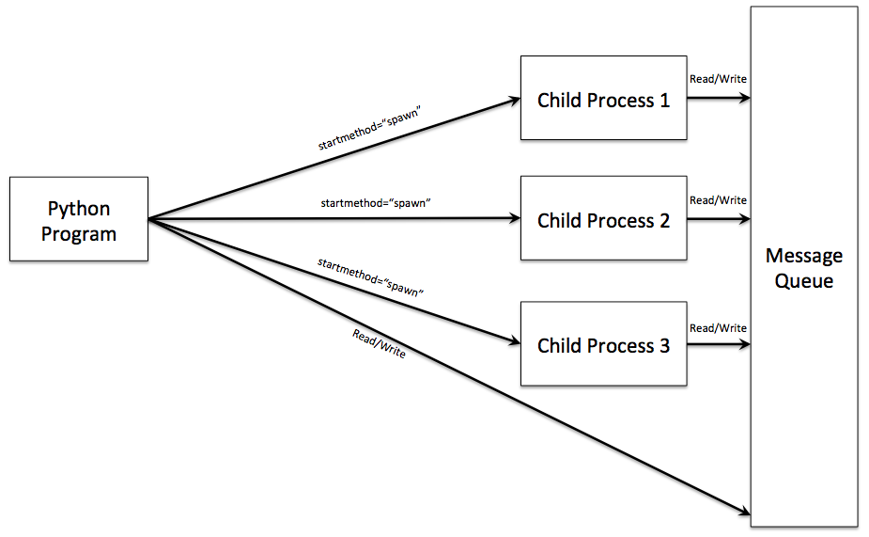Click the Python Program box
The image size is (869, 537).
coord(79,219)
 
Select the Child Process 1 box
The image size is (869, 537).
coord(603,99)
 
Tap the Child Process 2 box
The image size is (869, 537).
coord(603,220)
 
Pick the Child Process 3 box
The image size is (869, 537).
coord(603,344)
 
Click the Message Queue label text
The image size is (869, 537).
coord(803,268)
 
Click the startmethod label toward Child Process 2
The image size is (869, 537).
coord(375,202)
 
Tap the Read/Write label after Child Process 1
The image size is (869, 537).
coord(718,79)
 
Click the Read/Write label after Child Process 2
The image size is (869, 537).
coord(718,200)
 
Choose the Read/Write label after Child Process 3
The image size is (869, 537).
coord(718,328)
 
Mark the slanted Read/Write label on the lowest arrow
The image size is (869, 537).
coord(379,343)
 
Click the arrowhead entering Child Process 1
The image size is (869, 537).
coord(514,99)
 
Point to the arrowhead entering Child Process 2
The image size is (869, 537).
coord(514,219)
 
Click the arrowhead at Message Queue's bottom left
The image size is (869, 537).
coord(743,513)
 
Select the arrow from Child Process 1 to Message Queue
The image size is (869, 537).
coord(719,99)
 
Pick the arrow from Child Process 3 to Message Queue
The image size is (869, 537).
coord(719,344)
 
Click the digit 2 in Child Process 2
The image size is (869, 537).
coord(663,221)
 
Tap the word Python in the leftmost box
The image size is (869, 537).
coord(79,209)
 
